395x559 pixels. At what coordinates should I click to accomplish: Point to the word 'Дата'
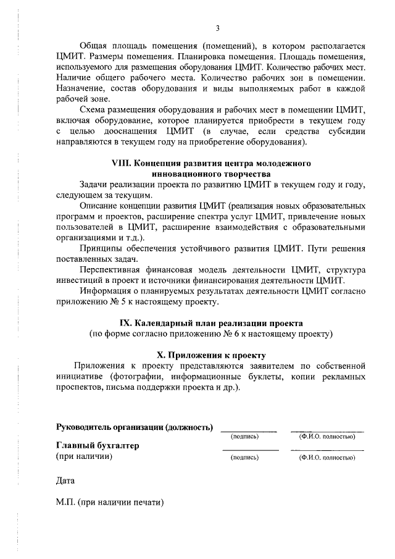click(65, 479)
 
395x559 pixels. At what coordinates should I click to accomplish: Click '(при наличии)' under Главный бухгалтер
click(83, 457)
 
